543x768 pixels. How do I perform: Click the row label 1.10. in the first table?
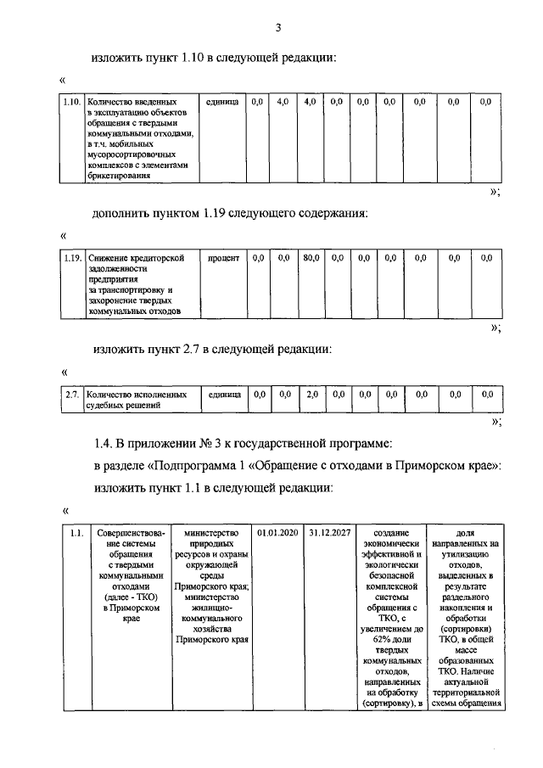(x=71, y=102)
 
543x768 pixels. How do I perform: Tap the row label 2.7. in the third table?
(x=72, y=395)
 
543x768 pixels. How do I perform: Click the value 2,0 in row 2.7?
(x=311, y=395)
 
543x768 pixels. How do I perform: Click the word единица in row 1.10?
(x=222, y=102)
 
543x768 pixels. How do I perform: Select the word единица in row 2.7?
(x=225, y=395)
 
